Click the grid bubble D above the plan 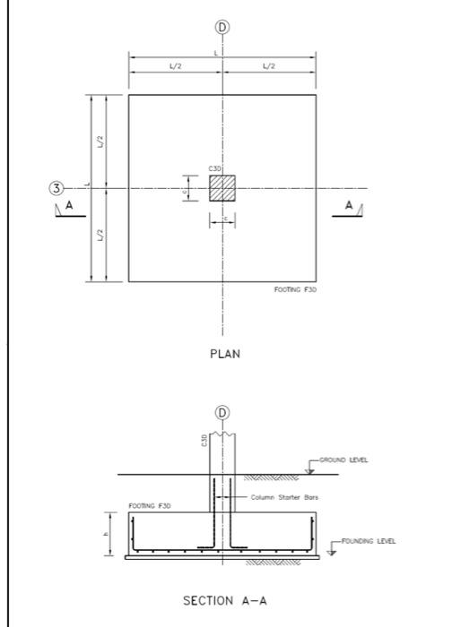222,27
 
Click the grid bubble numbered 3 57,188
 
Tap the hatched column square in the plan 222,188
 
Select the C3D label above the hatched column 214,168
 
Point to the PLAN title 224,354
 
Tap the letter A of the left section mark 67,205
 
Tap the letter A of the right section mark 349,205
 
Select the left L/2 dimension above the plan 176,67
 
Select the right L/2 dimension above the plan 269,67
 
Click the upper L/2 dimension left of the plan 101,141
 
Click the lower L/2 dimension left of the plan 101,236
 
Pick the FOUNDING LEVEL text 368,541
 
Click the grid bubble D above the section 222,412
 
